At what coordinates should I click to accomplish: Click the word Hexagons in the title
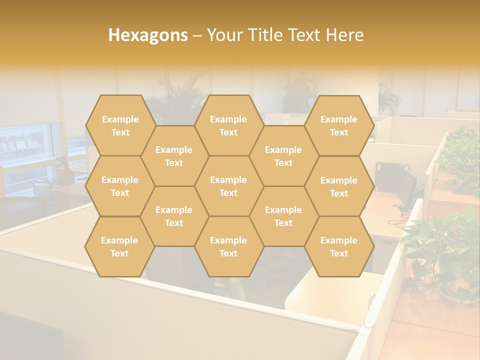coord(148,35)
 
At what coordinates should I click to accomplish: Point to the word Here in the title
coord(345,35)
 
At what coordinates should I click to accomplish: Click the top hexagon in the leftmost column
coord(120,125)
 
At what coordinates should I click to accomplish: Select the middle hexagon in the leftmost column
coord(120,186)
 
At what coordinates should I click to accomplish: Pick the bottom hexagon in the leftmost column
coord(119,246)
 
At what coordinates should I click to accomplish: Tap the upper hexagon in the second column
coord(174,156)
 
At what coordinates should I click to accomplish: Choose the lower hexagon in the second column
coord(174,216)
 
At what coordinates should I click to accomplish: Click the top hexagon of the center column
coord(228,125)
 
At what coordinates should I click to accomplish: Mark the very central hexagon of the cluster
coord(228,186)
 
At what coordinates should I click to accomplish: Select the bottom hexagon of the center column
coord(228,246)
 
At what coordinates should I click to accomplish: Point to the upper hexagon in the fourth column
coord(283,156)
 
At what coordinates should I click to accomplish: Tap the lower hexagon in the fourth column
coord(283,216)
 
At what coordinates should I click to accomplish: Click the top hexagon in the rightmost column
coord(339,125)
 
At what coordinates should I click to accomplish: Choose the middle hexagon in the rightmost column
coord(339,186)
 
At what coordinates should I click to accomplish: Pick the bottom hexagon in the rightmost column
coord(339,246)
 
